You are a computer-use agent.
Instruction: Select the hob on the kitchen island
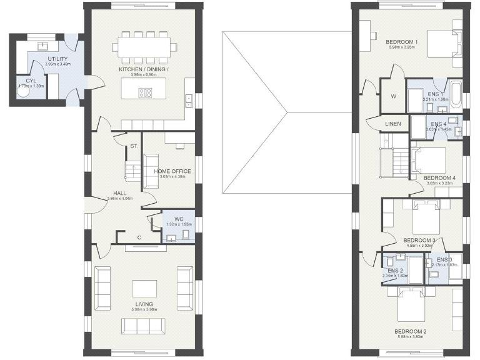point(145,93)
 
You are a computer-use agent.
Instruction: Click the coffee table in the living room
point(144,288)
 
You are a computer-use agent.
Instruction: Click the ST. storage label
point(133,147)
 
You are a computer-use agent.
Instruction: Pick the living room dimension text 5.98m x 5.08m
point(144,310)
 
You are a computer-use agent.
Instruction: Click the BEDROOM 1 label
point(402,42)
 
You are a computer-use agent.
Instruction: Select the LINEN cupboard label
point(393,123)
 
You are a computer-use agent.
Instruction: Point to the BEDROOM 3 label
point(419,240)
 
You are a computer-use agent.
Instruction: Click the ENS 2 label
point(395,269)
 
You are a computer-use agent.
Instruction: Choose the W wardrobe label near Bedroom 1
point(393,96)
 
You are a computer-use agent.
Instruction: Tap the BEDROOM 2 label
point(410,331)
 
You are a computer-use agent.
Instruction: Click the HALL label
point(121,193)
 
